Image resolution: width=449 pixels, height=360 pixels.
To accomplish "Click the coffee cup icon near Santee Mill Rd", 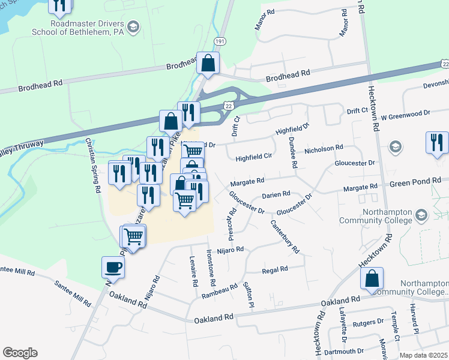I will pyautogui.click(x=113, y=266).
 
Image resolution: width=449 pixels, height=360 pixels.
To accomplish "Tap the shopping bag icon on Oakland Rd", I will pyautogui.click(x=372, y=278).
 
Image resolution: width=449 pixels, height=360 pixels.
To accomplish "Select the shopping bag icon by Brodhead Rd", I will pyautogui.click(x=208, y=62).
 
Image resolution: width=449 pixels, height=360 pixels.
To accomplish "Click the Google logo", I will pyautogui.click(x=20, y=353).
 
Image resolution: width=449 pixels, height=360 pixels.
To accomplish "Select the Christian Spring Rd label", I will pyautogui.click(x=92, y=164).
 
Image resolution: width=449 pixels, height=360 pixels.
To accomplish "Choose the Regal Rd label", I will pyautogui.click(x=275, y=270).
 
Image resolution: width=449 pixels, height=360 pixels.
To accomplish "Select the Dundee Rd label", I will pyautogui.click(x=293, y=152).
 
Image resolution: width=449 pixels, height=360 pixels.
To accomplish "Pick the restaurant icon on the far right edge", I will pyautogui.click(x=436, y=142).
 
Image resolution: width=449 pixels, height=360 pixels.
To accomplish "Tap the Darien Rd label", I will pyautogui.click(x=277, y=194).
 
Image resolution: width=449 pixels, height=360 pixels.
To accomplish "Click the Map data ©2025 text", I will pyautogui.click(x=424, y=355).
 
